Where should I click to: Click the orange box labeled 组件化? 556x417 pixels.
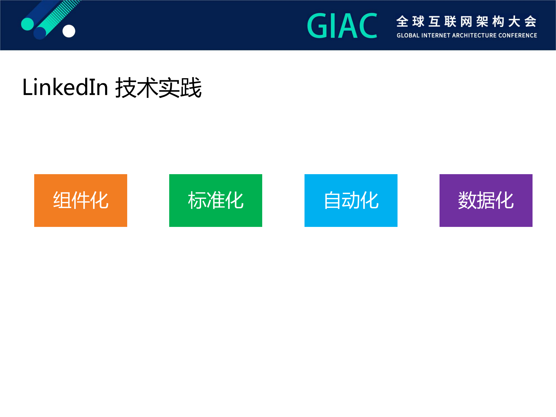pos(81,200)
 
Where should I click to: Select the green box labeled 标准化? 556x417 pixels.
pos(216,200)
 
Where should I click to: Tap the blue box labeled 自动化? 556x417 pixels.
pos(351,200)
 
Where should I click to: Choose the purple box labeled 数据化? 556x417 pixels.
pos(486,200)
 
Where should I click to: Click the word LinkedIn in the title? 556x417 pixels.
pos(65,87)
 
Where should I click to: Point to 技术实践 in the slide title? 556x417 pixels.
pos(158,88)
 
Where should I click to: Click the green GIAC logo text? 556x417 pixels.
pos(342,26)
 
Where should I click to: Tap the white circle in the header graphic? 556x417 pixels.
pos(69,31)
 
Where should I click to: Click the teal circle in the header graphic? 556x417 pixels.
pos(28,24)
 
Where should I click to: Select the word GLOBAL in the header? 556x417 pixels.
pos(408,36)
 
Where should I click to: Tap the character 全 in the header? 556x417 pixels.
pos(402,22)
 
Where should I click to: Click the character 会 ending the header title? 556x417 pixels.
pos(530,22)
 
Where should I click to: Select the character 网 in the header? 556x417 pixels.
pos(466,22)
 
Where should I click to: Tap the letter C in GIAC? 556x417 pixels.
pos(367,26)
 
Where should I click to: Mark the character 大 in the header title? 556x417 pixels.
pos(514,22)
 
